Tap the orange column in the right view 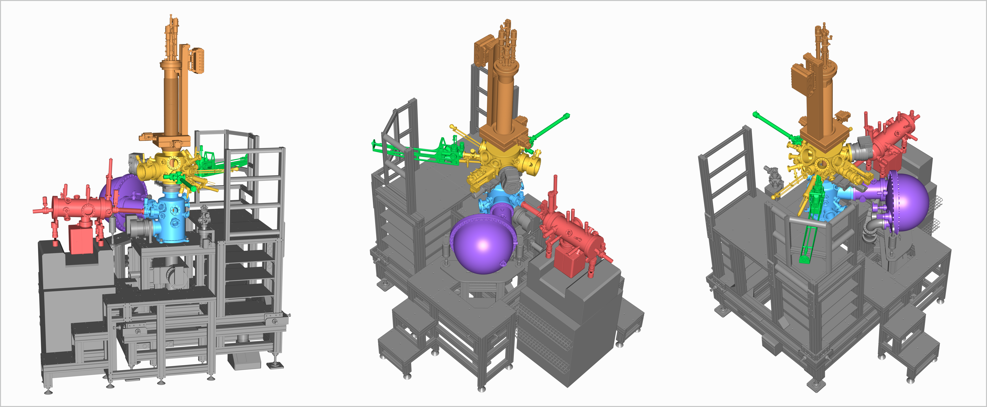point(820,103)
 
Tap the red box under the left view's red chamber point(80,240)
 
